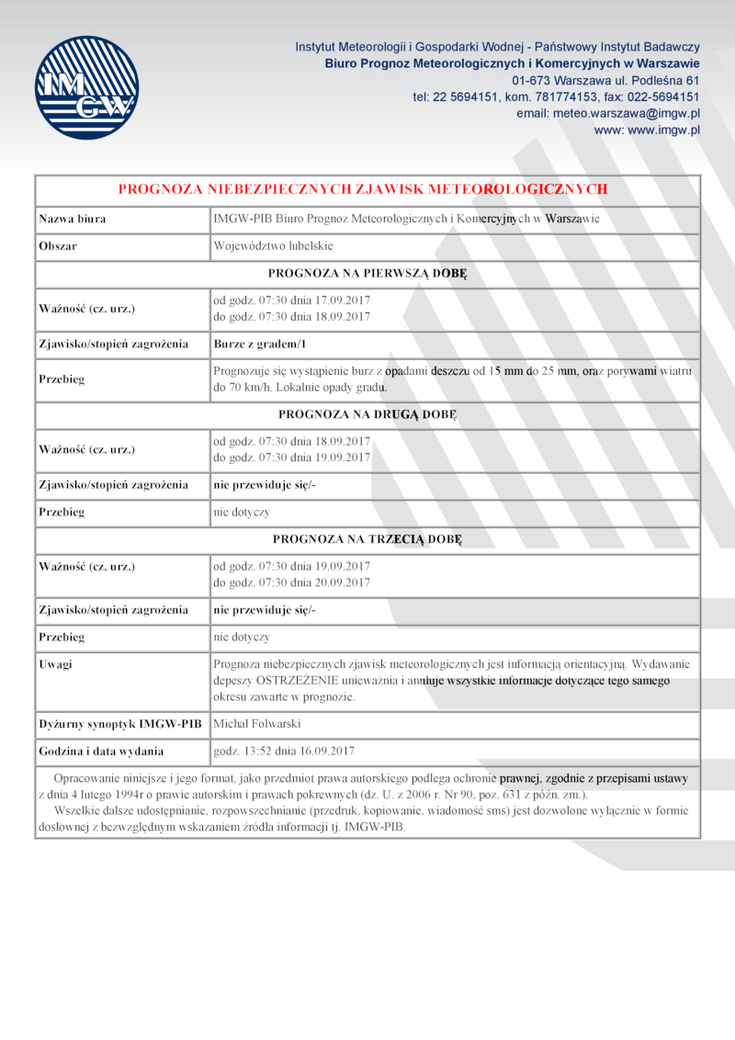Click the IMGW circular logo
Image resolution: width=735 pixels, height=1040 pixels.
[87, 87]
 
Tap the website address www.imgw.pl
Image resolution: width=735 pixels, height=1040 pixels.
[647, 130]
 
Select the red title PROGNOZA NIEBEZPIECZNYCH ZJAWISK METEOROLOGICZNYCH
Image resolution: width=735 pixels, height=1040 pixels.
[363, 189]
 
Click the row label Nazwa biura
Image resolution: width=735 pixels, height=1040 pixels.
[72, 220]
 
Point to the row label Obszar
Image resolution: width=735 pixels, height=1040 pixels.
[58, 247]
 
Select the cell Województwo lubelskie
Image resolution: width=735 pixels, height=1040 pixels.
[273, 247]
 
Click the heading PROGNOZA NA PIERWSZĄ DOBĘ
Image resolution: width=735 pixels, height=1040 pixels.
[367, 274]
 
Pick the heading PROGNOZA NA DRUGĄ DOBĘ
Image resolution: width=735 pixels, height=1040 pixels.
[367, 414]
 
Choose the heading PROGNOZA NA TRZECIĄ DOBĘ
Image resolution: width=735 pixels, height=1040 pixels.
[367, 538]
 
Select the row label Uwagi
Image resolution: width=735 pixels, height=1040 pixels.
[55, 664]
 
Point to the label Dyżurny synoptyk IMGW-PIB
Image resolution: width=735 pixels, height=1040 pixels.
[119, 724]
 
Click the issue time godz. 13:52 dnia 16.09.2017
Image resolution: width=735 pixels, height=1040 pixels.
[283, 751]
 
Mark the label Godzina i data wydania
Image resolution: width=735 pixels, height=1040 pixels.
[101, 751]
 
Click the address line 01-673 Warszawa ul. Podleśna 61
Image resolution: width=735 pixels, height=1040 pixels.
[605, 80]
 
